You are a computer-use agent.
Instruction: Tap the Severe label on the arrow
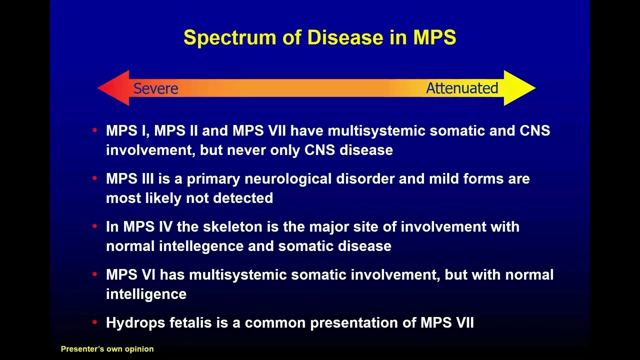point(155,88)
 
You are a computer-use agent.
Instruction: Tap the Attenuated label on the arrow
point(461,88)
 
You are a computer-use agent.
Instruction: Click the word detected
point(242,198)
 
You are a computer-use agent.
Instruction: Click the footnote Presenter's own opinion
point(107,349)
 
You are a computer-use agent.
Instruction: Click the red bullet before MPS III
point(95,178)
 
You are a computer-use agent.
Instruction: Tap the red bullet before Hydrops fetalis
point(95,322)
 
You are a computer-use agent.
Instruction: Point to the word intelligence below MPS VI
point(146,294)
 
